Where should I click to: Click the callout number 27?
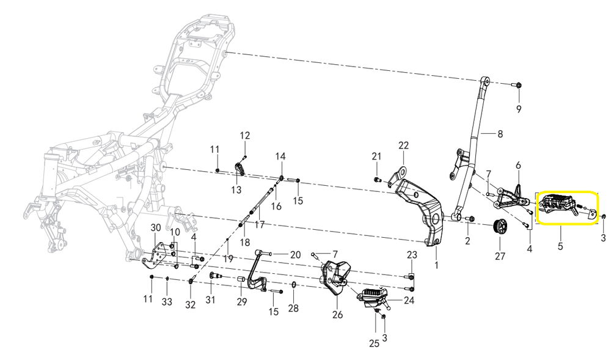pyautogui.click(x=500, y=256)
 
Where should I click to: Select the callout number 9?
pyautogui.click(x=519, y=109)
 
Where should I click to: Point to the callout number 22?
pyautogui.click(x=403, y=145)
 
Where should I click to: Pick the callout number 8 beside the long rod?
pyautogui.click(x=500, y=133)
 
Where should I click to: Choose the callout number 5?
pyautogui.click(x=560, y=247)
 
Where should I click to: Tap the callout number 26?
pyautogui.click(x=338, y=315)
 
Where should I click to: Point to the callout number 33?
pyautogui.click(x=167, y=302)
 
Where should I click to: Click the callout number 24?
pyautogui.click(x=409, y=300)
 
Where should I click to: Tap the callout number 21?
pyautogui.click(x=376, y=156)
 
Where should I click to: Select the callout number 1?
pyautogui.click(x=436, y=265)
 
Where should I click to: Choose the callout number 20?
pyautogui.click(x=295, y=255)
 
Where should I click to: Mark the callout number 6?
pyautogui.click(x=518, y=165)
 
